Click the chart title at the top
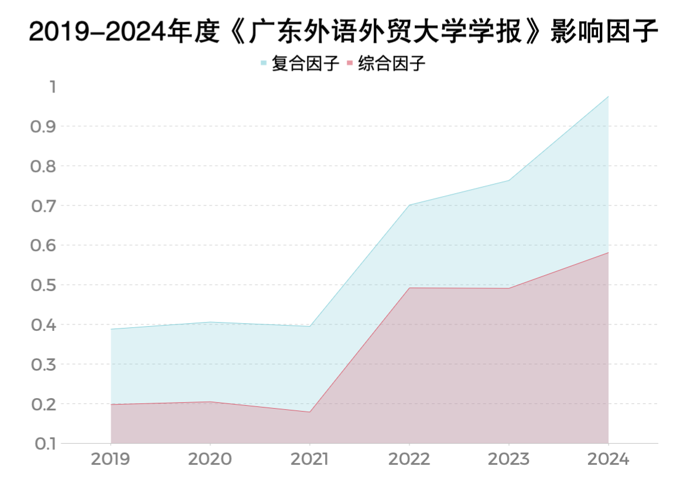click(344, 33)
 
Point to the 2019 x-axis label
click(111, 459)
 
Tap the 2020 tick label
click(210, 459)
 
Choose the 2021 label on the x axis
click(309, 459)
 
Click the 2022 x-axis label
click(409, 459)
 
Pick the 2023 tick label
click(508, 459)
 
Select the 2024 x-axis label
click(608, 459)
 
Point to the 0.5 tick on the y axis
click(42, 285)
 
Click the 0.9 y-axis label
click(42, 126)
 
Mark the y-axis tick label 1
click(52, 87)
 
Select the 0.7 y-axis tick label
click(42, 206)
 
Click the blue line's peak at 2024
click(608, 96)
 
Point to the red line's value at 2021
click(309, 412)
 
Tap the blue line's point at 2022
click(409, 205)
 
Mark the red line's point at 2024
click(608, 252)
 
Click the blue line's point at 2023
click(508, 180)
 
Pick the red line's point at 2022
click(409, 287)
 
